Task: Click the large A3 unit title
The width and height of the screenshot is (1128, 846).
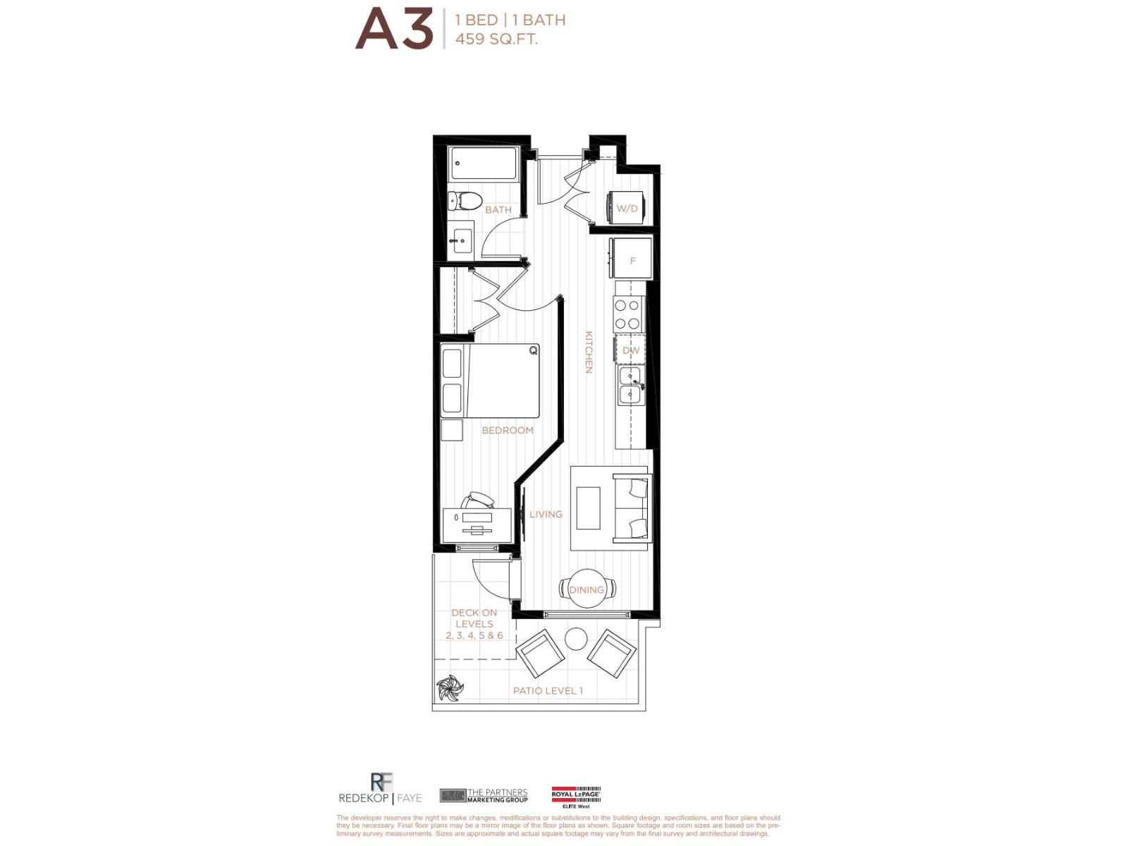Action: [x=393, y=30]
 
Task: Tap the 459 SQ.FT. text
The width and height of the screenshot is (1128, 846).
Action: [x=496, y=39]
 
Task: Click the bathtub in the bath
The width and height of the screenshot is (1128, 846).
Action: [x=484, y=164]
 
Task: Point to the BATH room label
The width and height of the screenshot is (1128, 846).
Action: [x=498, y=210]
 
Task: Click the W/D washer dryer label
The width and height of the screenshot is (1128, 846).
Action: [x=627, y=209]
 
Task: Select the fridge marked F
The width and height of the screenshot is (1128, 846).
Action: [x=632, y=261]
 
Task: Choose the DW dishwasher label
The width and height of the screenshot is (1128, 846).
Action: [x=630, y=350]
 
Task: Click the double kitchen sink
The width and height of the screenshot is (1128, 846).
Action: [x=630, y=385]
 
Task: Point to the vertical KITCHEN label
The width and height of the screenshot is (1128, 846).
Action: [x=589, y=352]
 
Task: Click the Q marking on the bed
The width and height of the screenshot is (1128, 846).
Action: [x=533, y=350]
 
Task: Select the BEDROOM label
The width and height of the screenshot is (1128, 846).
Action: [x=508, y=430]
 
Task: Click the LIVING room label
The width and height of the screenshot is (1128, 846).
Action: [x=546, y=515]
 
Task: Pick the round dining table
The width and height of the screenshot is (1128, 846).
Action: [x=587, y=587]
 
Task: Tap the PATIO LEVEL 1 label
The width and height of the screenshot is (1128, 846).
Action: [x=548, y=691]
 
